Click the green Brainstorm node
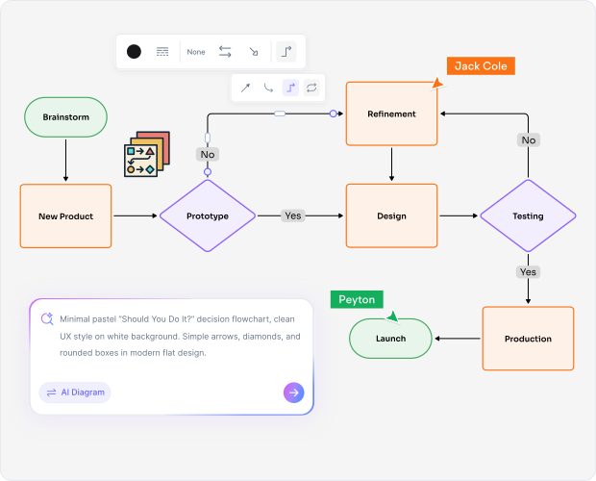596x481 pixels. pyautogui.click(x=64, y=117)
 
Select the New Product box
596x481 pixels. pyautogui.click(x=65, y=216)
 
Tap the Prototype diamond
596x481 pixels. pyautogui.click(x=207, y=216)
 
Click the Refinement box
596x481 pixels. pyautogui.click(x=391, y=114)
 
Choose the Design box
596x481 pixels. pyautogui.click(x=391, y=216)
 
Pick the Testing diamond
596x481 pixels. pyautogui.click(x=528, y=216)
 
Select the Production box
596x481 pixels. pyautogui.click(x=528, y=339)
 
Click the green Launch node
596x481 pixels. pyautogui.click(x=390, y=339)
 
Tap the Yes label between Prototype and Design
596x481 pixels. pyautogui.click(x=292, y=215)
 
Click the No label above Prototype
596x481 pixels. pyautogui.click(x=207, y=154)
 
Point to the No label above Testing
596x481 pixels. pyautogui.click(x=528, y=139)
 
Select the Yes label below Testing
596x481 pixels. pyautogui.click(x=528, y=272)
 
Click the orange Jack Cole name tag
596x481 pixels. pyautogui.click(x=481, y=65)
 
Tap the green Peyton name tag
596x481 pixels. pyautogui.click(x=357, y=299)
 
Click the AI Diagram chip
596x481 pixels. pyautogui.click(x=75, y=392)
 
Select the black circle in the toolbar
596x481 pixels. pyautogui.click(x=134, y=52)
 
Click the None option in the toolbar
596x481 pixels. pyautogui.click(x=196, y=52)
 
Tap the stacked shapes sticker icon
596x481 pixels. pyautogui.click(x=146, y=154)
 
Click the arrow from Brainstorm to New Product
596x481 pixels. pyautogui.click(x=65, y=160)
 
